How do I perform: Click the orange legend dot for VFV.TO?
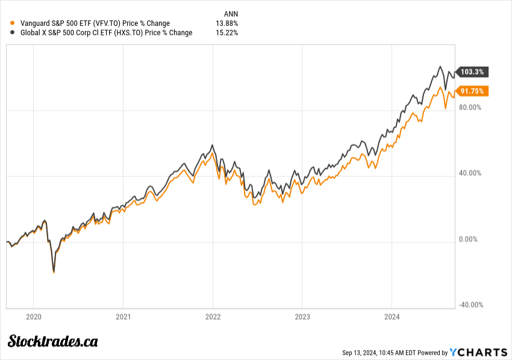click(x=12, y=23)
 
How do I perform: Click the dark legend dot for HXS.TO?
click(x=12, y=33)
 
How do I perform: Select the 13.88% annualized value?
click(x=227, y=23)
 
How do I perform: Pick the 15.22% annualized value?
click(x=227, y=33)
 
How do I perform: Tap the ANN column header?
click(x=229, y=13)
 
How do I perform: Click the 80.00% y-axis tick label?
click(x=471, y=108)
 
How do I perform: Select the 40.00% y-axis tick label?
click(x=471, y=173)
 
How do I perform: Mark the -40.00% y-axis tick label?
click(x=470, y=305)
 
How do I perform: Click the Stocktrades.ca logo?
click(x=53, y=341)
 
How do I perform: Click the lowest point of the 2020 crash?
click(x=54, y=272)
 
